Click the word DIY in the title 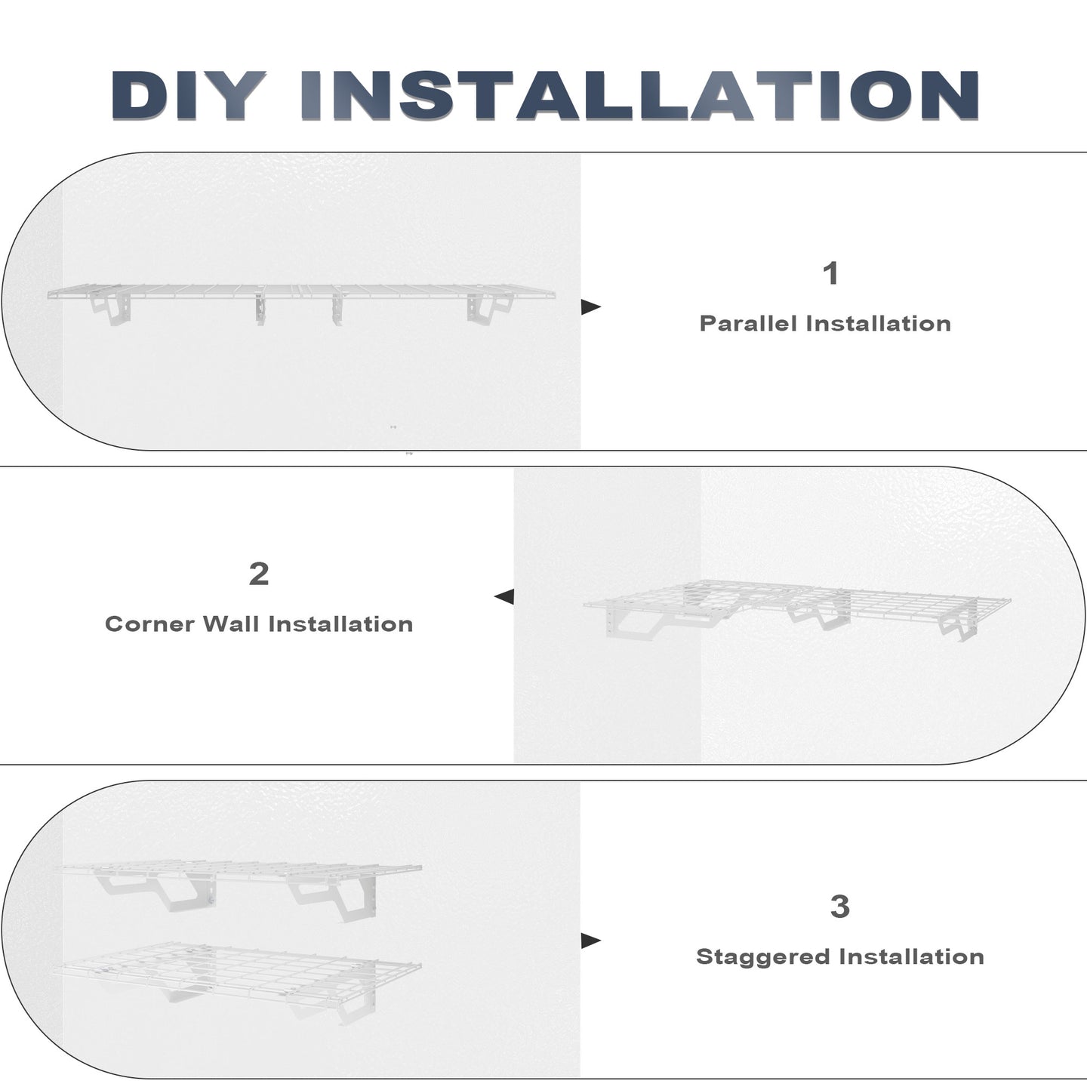[189, 96]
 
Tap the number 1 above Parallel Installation [831, 273]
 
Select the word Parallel [748, 324]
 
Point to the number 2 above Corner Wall [259, 574]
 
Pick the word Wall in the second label [231, 624]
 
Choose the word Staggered [762, 957]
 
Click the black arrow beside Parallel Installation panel [590, 307]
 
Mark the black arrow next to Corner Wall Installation [503, 596]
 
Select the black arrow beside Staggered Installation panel [590, 941]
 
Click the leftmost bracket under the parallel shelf [112, 309]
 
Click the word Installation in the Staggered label [912, 956]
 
